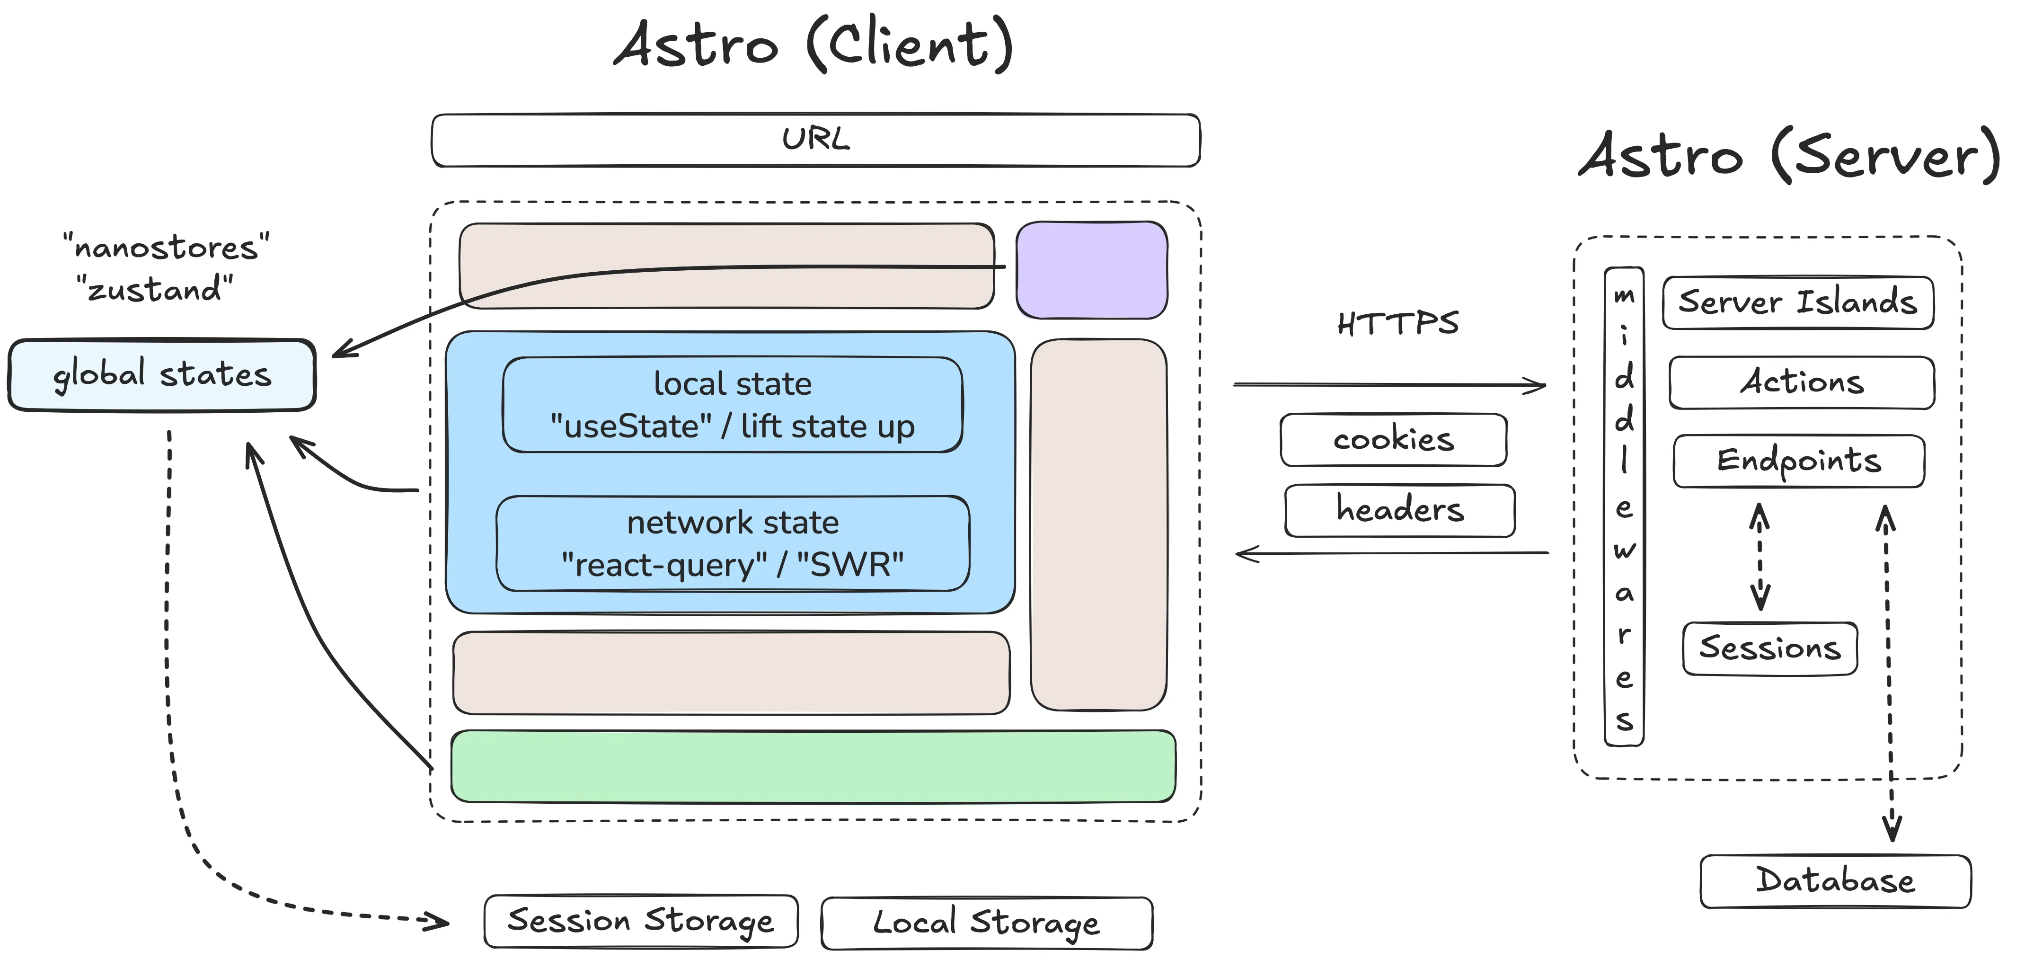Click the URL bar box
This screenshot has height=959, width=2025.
tap(815, 140)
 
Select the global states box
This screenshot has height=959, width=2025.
tap(162, 375)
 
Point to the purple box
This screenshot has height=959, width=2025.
tap(1091, 270)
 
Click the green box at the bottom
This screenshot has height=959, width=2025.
tap(813, 766)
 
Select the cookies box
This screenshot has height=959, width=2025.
tap(1393, 439)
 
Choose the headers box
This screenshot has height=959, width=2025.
tap(1399, 510)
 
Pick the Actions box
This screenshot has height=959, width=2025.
tap(1801, 383)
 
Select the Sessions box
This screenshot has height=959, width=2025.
tap(1769, 648)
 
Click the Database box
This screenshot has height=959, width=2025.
tap(1835, 881)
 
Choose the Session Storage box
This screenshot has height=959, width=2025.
tap(641, 921)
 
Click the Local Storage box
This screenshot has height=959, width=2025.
tap(987, 923)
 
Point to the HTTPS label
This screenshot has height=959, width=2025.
tap(1397, 324)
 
